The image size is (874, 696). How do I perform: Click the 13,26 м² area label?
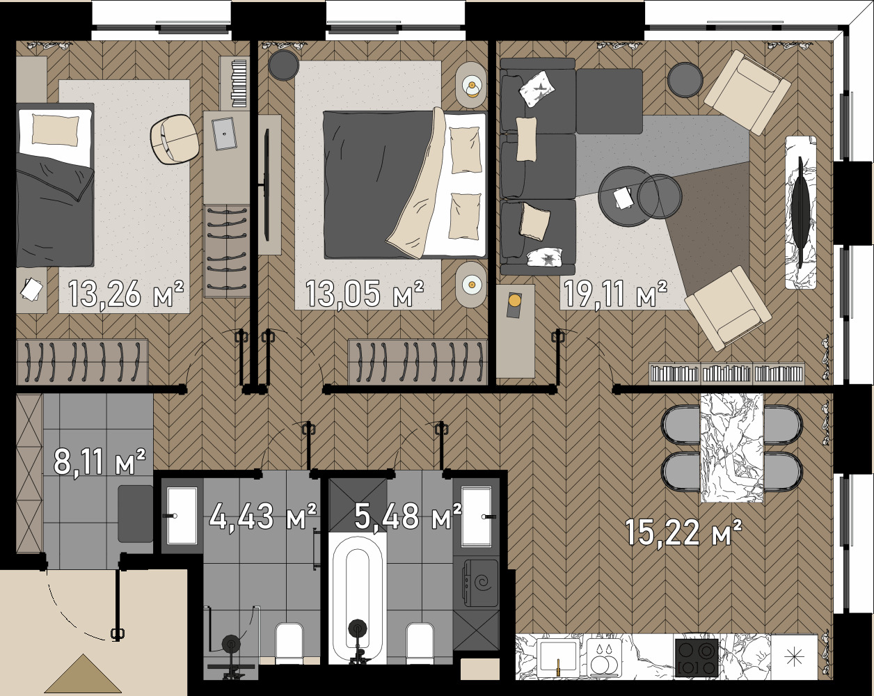tap(126, 294)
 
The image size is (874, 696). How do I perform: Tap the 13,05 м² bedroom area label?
tap(364, 294)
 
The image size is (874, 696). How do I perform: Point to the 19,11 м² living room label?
tap(614, 294)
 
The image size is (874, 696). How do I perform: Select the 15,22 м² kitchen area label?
tap(683, 533)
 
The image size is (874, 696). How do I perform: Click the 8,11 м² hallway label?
tap(100, 461)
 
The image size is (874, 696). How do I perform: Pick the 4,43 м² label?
tap(263, 516)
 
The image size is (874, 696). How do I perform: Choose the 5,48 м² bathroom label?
tap(407, 516)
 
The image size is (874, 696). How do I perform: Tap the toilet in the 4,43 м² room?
tap(289, 642)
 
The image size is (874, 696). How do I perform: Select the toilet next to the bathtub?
tap(420, 642)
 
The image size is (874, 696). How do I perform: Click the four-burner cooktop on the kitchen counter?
tap(696, 658)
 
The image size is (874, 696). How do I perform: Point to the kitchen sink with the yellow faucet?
tap(558, 658)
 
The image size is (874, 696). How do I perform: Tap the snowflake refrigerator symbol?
tap(794, 657)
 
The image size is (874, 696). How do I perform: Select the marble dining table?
tap(731, 447)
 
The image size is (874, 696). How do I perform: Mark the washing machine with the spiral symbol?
tap(476, 582)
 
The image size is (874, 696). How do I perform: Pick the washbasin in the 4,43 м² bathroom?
tap(182, 516)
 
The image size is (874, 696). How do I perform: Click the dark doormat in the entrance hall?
tap(135, 514)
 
